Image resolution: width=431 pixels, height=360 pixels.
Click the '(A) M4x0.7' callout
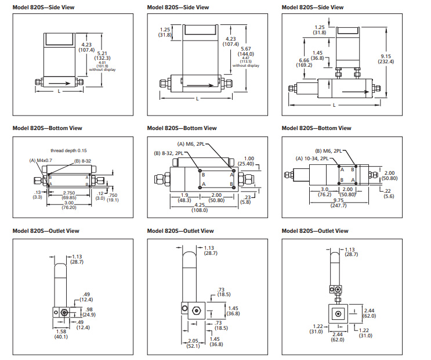tap(41, 160)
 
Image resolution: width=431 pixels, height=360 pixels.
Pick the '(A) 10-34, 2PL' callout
tap(313, 158)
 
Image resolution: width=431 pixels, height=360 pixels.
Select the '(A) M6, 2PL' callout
tap(191, 144)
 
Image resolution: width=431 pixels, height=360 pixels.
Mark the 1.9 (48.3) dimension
tap(184, 197)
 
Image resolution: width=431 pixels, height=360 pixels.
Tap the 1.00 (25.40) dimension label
tap(250, 161)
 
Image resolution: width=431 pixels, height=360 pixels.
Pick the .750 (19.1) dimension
tap(114, 197)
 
